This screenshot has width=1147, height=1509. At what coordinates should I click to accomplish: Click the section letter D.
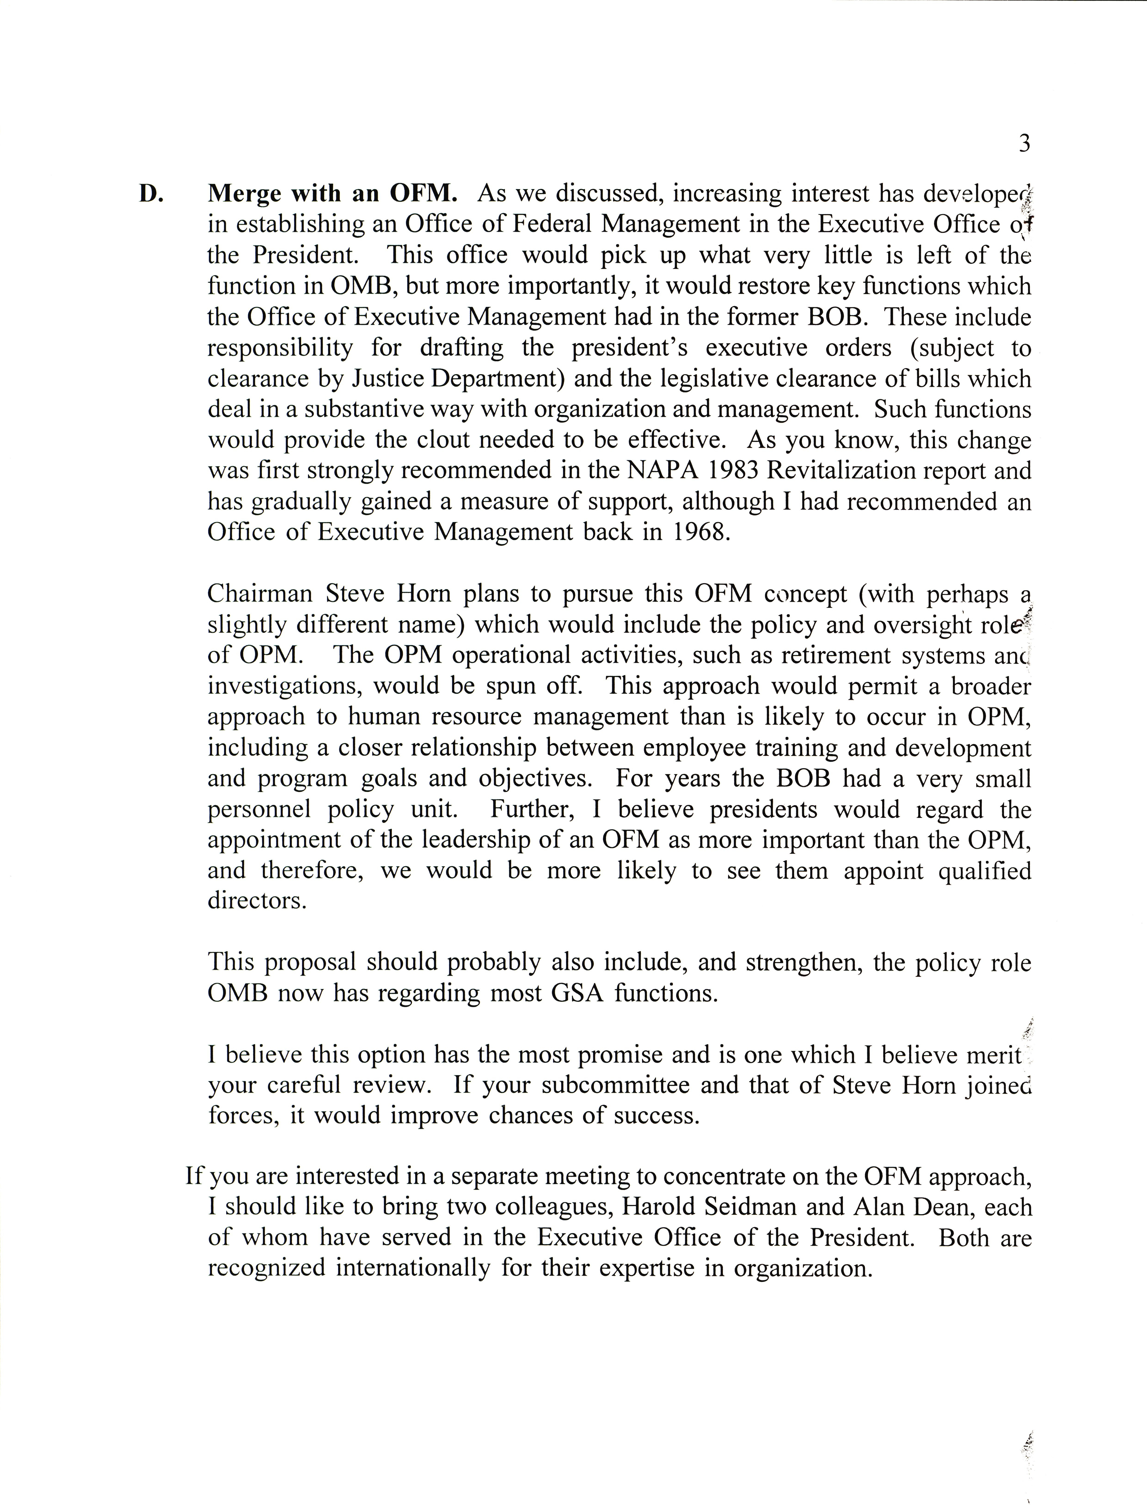(151, 194)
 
